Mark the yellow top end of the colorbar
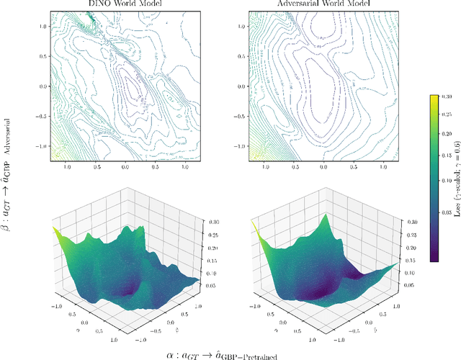[x=434, y=98]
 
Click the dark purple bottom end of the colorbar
[x=434, y=255]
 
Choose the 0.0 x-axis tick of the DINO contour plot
[x=125, y=166]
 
